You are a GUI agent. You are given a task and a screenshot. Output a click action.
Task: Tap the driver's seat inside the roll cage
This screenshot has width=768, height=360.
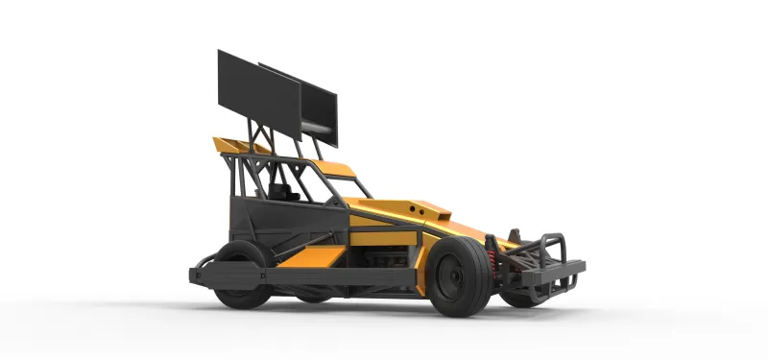tap(284, 187)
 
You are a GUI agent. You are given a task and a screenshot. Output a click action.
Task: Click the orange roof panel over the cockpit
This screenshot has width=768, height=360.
tap(336, 170)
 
